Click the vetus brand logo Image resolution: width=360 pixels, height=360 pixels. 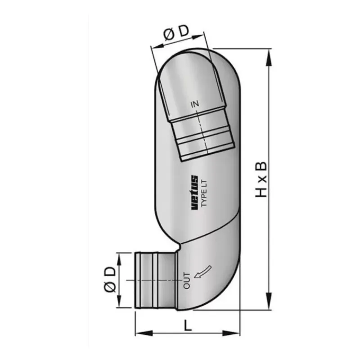tap(194, 193)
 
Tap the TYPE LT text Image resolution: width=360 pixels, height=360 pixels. tap(204, 193)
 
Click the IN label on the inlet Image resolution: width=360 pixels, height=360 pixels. tap(195, 104)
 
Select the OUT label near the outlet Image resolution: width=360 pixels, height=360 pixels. tap(187, 280)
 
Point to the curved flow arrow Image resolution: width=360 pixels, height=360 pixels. tap(203, 272)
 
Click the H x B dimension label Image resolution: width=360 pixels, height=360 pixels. tap(261, 179)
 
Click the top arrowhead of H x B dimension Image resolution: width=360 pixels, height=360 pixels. tap(269, 58)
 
